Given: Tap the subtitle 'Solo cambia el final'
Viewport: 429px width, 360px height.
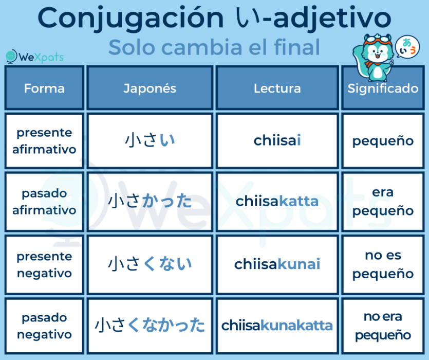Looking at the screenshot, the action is [x=214, y=47].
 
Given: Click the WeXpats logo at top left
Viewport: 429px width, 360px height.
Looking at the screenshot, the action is [x=34, y=57].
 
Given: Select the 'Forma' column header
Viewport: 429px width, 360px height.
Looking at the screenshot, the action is [x=44, y=88].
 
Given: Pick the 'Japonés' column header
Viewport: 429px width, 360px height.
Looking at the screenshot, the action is [x=150, y=88].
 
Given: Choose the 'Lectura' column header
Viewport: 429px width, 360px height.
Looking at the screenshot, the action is [x=277, y=88].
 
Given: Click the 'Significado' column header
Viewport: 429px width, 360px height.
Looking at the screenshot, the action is [x=383, y=88].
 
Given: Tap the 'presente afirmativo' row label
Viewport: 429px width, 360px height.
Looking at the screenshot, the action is [x=44, y=141].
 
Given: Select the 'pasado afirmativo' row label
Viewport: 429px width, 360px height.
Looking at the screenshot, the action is [x=44, y=202].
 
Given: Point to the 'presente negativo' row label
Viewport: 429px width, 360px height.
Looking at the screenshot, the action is [x=44, y=265].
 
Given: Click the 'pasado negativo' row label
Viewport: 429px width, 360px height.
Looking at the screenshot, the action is [x=44, y=326].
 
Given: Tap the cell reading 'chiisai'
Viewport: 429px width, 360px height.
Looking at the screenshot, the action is [x=277, y=140].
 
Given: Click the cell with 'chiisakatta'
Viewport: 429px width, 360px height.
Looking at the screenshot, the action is [x=277, y=201].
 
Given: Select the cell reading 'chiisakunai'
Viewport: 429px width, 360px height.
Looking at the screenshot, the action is [x=277, y=264].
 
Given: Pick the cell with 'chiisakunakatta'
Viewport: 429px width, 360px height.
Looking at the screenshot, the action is [x=277, y=326].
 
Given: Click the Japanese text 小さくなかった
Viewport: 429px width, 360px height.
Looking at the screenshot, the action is [x=150, y=325].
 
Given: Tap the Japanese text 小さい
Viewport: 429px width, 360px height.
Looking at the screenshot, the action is [x=150, y=140].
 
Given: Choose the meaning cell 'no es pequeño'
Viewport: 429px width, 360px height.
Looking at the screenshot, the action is [x=383, y=264].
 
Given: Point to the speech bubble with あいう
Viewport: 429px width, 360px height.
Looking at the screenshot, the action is [x=407, y=47].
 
